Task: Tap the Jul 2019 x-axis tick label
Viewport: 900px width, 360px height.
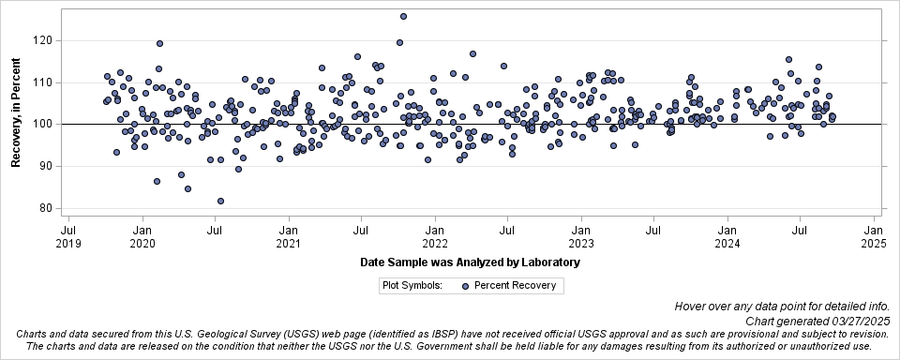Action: coord(68,235)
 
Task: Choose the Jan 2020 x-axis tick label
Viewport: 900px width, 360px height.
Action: coord(142,235)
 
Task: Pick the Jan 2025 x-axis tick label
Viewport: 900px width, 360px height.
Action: coord(874,235)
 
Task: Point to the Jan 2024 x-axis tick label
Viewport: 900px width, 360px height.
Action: coord(727,235)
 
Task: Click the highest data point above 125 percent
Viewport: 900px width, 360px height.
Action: coord(403,16)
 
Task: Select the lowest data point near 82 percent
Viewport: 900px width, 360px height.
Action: coord(220,201)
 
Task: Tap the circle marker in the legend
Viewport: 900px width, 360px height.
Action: coord(466,286)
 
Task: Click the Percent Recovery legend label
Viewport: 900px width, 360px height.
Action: coord(515,286)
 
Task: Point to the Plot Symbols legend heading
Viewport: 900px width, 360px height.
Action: coord(412,286)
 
